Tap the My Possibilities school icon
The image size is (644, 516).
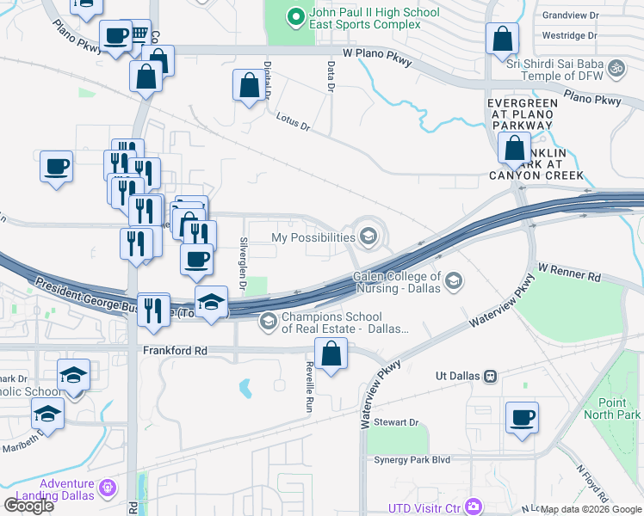368,236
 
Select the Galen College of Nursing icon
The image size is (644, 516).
454,280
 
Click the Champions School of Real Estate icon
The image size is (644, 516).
268,322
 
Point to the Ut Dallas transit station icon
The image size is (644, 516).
491,376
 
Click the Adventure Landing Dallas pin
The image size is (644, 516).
108,488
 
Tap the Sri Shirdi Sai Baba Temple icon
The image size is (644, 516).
615,67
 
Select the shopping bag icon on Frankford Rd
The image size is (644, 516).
331,353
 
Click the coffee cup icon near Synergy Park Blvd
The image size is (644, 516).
523,418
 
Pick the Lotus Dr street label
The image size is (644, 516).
293,124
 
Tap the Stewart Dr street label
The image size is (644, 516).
401,422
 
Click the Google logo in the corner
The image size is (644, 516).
28,505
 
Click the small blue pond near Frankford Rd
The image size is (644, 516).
245,389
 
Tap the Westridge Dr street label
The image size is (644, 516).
569,36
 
